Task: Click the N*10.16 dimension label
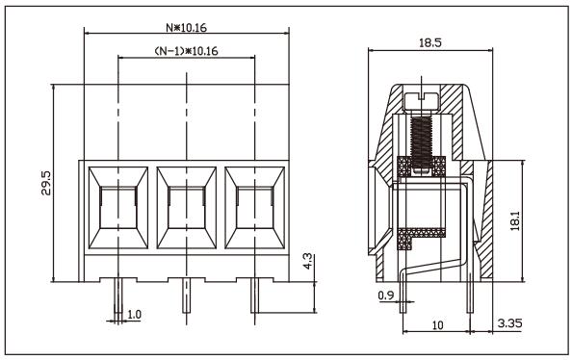187,26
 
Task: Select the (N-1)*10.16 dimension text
187,50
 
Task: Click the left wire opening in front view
117,208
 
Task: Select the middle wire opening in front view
186,208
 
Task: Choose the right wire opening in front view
254,208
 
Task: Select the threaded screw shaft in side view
421,135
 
